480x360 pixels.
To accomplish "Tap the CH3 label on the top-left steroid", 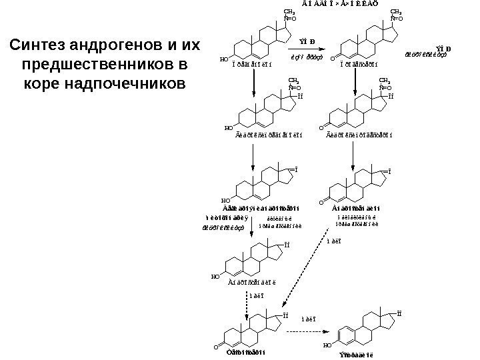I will [289, 12].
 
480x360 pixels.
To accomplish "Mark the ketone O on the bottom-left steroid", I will [219, 346].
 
